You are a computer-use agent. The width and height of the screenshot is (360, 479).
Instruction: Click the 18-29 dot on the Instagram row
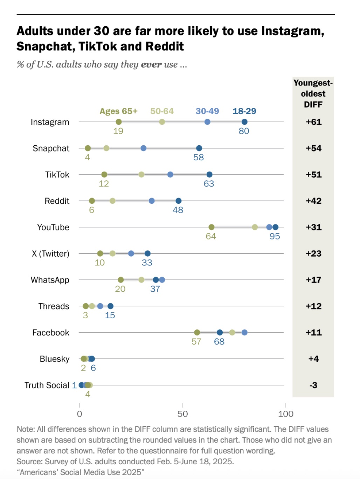coord(244,122)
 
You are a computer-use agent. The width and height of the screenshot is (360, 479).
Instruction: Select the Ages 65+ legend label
coord(118,111)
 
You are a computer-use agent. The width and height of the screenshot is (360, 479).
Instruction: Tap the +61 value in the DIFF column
coord(313,122)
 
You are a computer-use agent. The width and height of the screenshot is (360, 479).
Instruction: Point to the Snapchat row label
coord(51,148)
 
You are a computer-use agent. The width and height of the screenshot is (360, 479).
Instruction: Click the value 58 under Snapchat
coord(199,158)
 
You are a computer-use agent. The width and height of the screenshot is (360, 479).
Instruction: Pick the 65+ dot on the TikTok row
coord(104,174)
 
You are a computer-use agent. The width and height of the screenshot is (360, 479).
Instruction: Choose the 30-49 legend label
coord(207,111)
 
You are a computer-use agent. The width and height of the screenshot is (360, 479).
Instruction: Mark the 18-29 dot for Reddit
coord(178,201)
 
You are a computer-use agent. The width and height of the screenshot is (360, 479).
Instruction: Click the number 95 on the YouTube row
coord(275,236)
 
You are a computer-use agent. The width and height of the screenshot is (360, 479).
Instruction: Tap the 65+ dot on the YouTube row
coord(211,227)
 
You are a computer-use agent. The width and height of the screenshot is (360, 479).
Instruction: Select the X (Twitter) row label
coord(50,254)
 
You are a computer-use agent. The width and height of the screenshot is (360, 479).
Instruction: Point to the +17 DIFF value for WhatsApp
coord(313,280)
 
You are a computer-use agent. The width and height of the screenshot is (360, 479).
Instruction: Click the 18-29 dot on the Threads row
coord(110,306)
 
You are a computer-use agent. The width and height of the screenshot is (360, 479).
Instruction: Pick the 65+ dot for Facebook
coord(197,332)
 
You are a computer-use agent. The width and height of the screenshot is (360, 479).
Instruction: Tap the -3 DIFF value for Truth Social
coord(313,385)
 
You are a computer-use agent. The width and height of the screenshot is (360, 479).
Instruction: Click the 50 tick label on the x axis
coord(182,414)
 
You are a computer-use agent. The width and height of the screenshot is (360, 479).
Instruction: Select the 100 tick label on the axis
coord(286,414)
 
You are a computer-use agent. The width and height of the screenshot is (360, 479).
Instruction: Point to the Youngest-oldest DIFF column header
coord(313,93)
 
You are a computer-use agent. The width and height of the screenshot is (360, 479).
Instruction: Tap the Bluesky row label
coord(54,359)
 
